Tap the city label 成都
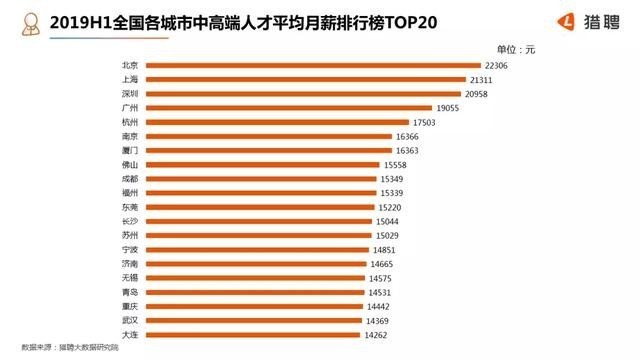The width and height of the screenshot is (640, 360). point(129,178)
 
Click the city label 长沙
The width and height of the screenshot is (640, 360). point(129,221)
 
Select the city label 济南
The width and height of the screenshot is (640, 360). point(129,264)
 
